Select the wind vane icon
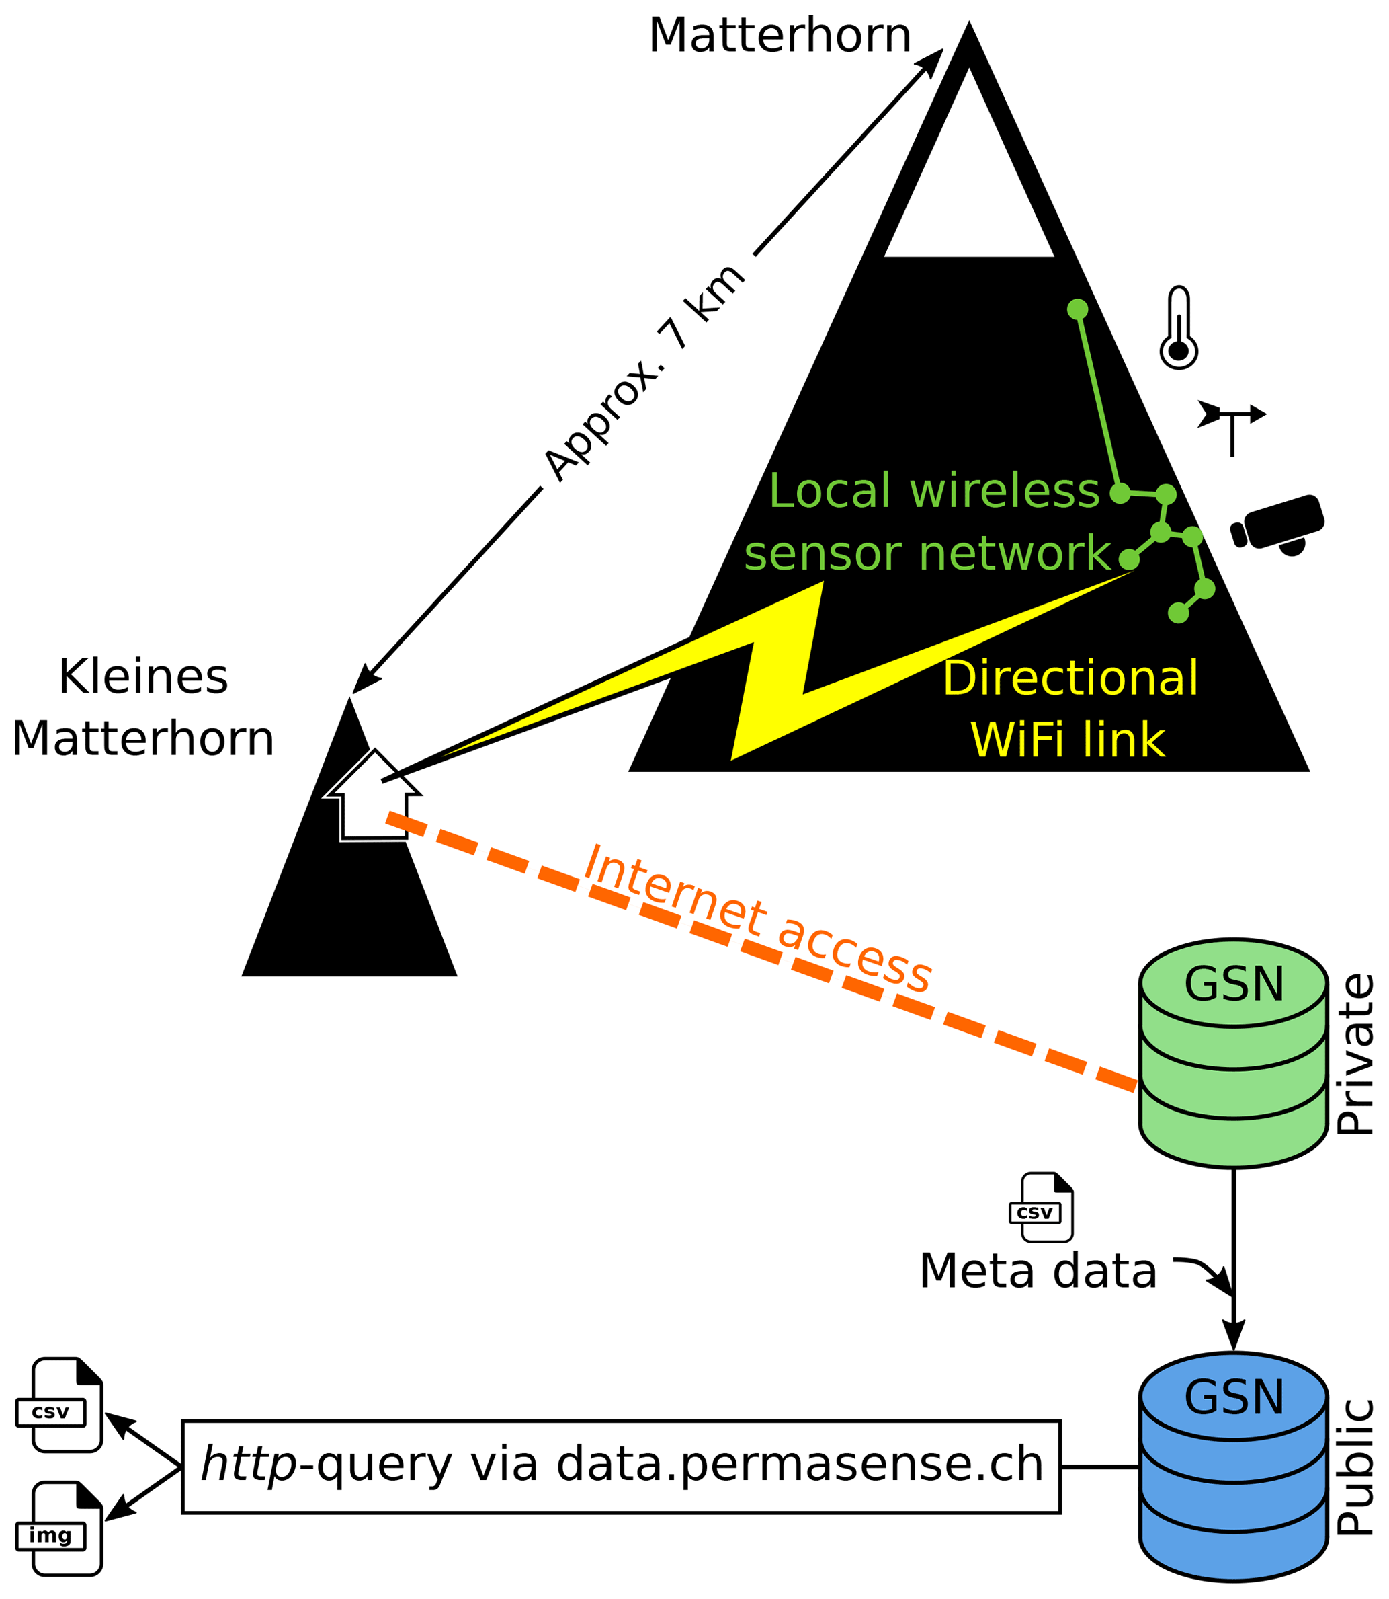[1232, 426]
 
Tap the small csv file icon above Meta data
[1042, 1208]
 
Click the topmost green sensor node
[1077, 309]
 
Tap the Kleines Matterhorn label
[143, 707]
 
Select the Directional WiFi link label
[1070, 709]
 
